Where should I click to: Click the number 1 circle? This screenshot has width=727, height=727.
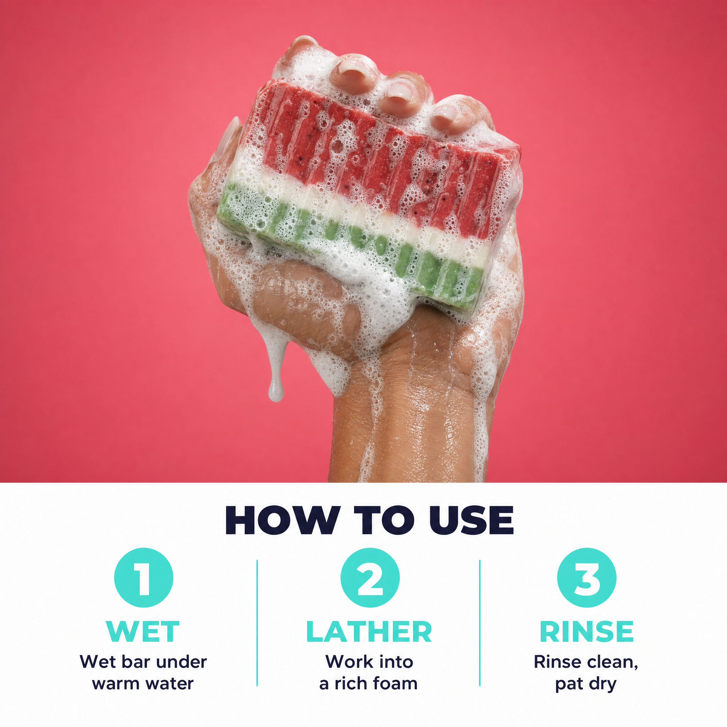(144, 578)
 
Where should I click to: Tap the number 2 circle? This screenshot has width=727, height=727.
(370, 578)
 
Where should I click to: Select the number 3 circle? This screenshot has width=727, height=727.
(587, 578)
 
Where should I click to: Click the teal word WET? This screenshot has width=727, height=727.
(143, 632)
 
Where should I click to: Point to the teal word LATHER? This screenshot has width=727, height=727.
(369, 632)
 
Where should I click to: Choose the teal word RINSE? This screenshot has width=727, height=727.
(587, 632)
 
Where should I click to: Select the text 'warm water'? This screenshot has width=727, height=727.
(143, 683)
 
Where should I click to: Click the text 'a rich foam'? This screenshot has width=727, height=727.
(368, 683)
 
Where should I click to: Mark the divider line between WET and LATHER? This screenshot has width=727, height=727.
(257, 623)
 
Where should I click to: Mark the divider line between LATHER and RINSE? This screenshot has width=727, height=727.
(480, 623)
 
